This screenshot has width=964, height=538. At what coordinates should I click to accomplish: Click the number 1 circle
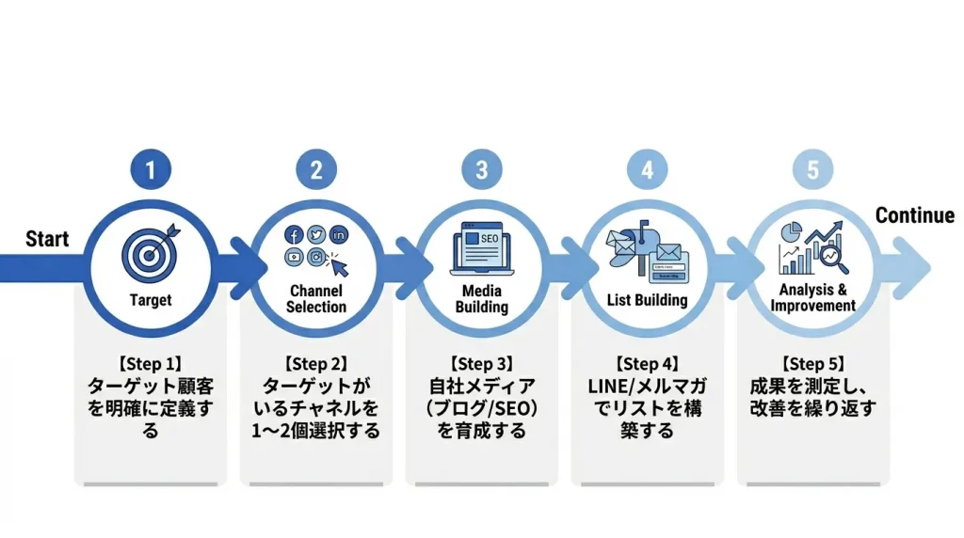coord(151,170)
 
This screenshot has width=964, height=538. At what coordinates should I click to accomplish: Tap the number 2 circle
coord(316,170)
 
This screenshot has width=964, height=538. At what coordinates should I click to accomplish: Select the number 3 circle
coord(482,170)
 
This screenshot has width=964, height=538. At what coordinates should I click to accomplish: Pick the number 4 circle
coord(647,170)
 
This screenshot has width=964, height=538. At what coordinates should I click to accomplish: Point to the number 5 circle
coord(812,170)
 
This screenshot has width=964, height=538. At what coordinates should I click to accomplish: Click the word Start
coord(47,239)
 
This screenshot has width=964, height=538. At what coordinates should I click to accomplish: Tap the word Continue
coord(914,215)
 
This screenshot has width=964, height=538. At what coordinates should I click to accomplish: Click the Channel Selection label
coord(316,299)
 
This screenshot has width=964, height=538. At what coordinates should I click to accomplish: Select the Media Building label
coord(482,299)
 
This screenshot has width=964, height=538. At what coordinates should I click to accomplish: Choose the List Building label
coord(647,300)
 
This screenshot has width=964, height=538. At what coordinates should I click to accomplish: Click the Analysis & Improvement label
coord(812,298)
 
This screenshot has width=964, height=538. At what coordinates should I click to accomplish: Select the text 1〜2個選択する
coord(316,432)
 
